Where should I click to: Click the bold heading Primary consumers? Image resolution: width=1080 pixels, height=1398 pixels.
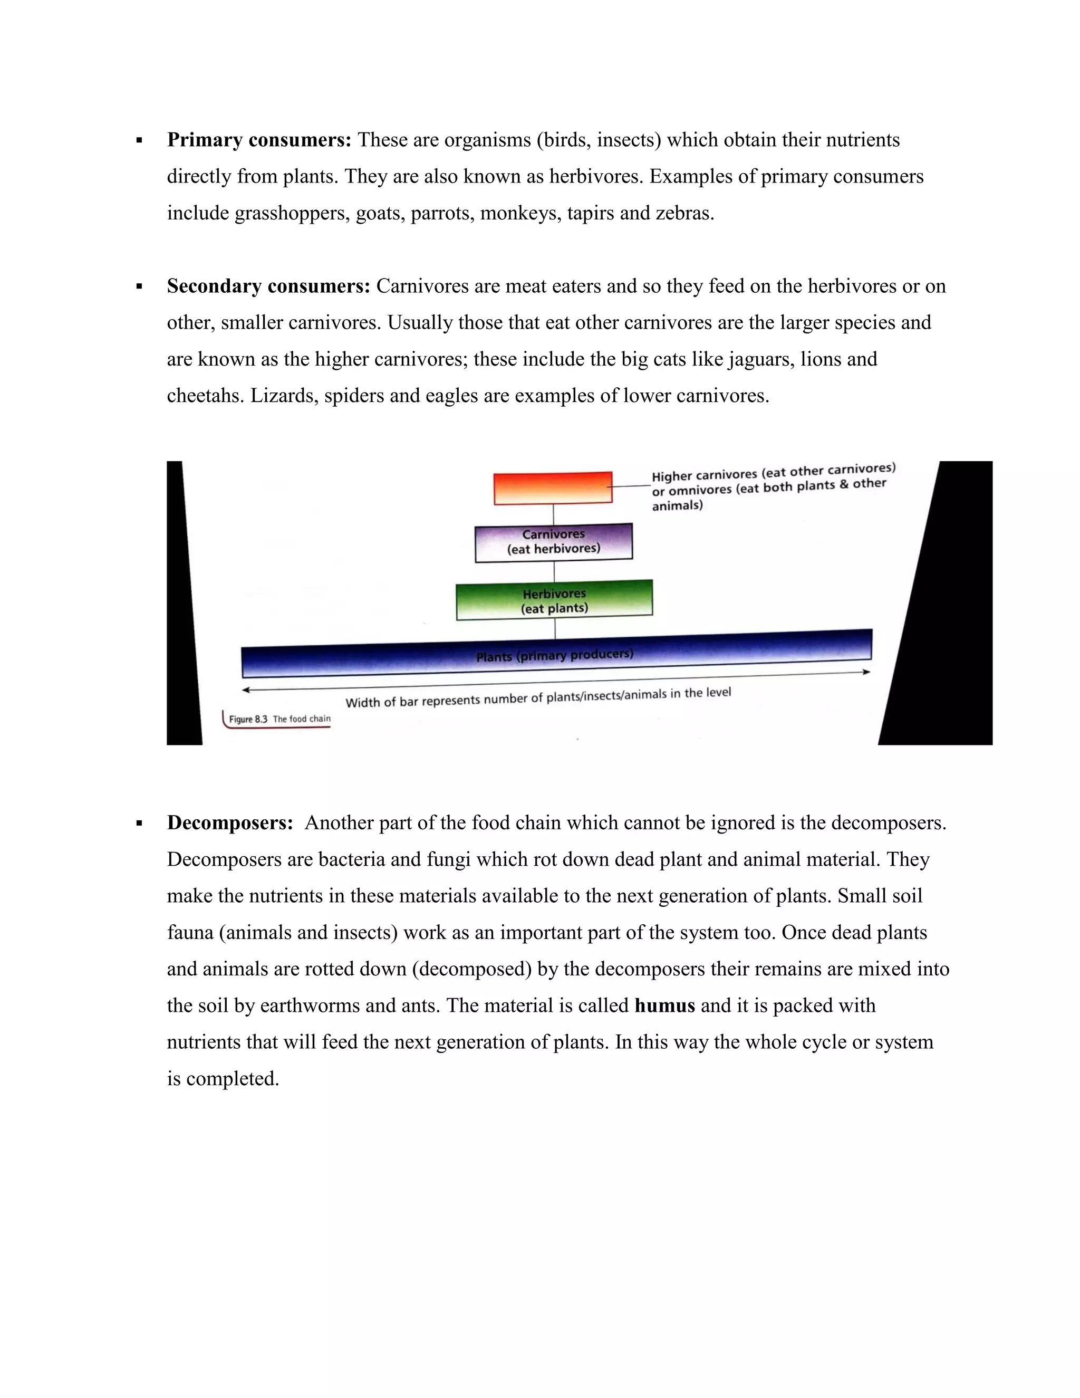pos(258,140)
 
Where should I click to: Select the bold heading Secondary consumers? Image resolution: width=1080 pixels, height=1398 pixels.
pos(268,286)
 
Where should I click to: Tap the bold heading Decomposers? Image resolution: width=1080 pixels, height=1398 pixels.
pos(230,822)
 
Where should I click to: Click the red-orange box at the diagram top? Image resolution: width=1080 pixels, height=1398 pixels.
pos(553,489)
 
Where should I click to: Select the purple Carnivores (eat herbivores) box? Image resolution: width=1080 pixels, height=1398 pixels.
pos(553,542)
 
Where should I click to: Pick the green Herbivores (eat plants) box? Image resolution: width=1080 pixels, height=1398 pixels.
pos(554,600)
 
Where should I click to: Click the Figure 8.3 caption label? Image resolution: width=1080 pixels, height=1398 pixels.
pos(279,719)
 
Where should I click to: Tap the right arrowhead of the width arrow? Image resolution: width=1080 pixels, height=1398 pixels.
pos(867,672)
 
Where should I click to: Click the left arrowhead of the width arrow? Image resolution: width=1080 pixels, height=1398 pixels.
pos(246,690)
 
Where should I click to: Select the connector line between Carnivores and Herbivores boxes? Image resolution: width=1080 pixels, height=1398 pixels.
pos(554,572)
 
